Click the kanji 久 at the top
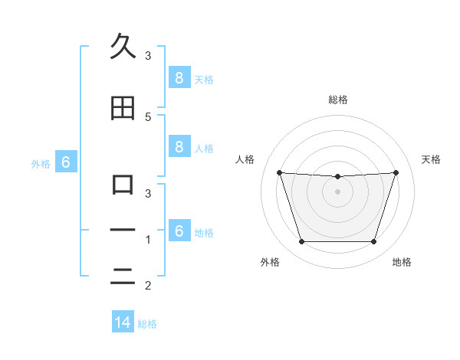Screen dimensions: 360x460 pos(123,47)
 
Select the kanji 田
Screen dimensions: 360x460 pos(123,109)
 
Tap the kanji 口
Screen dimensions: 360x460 pos(123,185)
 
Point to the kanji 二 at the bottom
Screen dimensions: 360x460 pos(123,278)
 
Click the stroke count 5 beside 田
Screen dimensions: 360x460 pos(148,116)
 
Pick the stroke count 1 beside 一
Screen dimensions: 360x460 pos(148,240)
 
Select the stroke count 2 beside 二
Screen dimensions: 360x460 pos(148,286)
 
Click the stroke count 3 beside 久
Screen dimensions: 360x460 pos(148,55)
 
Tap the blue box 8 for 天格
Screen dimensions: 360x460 pos(178,78)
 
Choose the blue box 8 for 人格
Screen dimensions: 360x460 pos(178,147)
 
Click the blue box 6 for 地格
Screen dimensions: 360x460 pos(178,231)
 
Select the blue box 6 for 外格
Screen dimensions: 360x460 pos(65,162)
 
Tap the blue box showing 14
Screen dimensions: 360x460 pos(123,322)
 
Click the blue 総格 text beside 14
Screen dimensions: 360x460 pos(147,324)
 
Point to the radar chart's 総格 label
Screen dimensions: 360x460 pos(337,100)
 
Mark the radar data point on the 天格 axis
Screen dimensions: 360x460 pos(396,172)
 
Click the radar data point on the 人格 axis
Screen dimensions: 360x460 pos(279,172)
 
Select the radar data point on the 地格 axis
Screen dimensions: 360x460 pos(373,242)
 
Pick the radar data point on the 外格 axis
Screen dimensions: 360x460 pos(301,242)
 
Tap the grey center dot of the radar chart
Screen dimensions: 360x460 pos(337,191)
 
